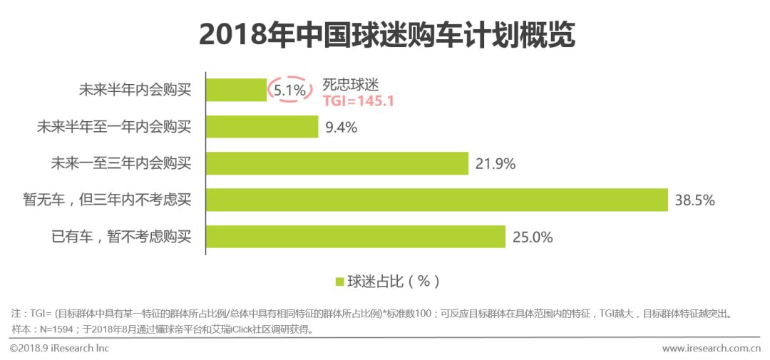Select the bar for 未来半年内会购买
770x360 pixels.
pyautogui.click(x=236, y=91)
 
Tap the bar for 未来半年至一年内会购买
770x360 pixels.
pyautogui.click(x=262, y=127)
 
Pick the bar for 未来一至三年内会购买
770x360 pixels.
pyautogui.click(x=337, y=163)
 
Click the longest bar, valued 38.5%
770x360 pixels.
pyautogui.click(x=436, y=200)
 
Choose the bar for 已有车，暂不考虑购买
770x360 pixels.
pyautogui.click(x=355, y=236)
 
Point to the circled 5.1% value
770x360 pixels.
pyautogui.click(x=290, y=91)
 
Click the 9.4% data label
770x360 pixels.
pyautogui.click(x=342, y=128)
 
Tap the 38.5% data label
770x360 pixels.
pyautogui.click(x=694, y=200)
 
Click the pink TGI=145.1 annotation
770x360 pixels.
pyautogui.click(x=359, y=101)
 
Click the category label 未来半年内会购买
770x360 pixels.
pyautogui.click(x=135, y=91)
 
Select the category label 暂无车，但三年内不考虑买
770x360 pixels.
pyautogui.click(x=107, y=200)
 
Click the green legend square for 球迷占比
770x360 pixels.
pyautogui.click(x=339, y=281)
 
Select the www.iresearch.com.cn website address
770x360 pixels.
pyautogui.click(x=711, y=348)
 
